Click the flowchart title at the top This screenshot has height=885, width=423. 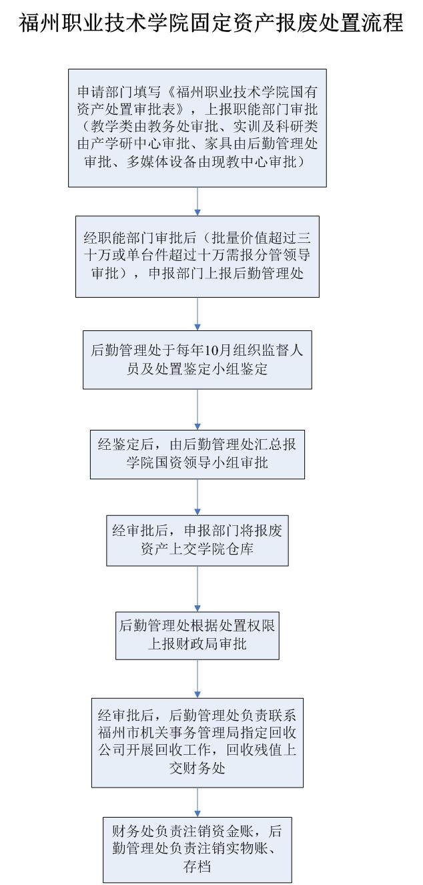point(211,23)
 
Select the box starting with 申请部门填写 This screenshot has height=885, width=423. point(197,127)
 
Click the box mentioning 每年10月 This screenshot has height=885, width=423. point(197,360)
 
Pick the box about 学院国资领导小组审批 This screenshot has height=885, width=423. point(197,453)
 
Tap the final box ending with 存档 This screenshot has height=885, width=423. point(197,840)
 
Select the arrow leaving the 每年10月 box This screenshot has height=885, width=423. point(197,408)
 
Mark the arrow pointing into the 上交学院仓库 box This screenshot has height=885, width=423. point(197,496)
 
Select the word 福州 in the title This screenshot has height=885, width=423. point(37,23)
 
